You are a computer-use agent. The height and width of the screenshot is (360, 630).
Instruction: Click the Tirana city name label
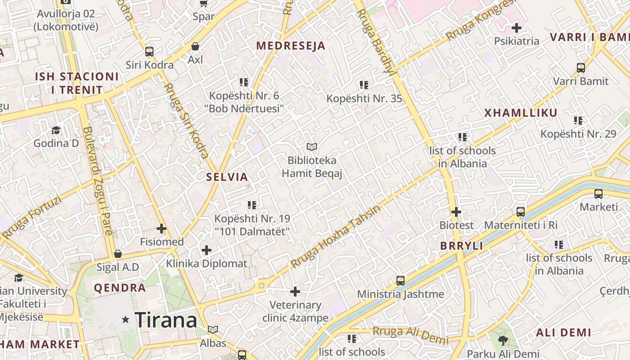point(166,320)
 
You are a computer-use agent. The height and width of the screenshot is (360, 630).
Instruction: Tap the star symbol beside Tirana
point(126,319)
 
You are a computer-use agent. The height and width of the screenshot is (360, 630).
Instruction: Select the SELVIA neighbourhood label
point(227,177)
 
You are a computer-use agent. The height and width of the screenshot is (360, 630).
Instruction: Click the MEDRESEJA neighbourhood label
point(291,45)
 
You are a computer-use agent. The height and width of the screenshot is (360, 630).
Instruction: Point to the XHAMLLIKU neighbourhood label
point(521,113)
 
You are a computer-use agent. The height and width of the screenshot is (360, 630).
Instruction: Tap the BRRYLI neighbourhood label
point(462,246)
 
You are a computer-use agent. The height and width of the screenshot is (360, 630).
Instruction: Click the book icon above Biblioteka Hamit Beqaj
point(312,147)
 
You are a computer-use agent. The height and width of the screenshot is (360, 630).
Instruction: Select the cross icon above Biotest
point(456,211)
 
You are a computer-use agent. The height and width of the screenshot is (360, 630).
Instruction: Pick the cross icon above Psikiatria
point(517,28)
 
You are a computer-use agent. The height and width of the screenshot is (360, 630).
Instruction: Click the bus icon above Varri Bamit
point(581,68)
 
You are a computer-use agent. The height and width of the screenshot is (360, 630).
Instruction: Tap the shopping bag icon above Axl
point(195,46)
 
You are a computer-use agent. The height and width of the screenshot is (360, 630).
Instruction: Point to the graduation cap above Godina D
point(56,130)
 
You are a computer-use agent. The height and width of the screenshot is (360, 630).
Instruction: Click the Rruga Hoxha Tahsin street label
point(336,236)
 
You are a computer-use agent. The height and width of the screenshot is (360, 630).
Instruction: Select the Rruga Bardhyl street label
point(375,41)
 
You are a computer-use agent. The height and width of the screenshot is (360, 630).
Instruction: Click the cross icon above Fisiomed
point(162,229)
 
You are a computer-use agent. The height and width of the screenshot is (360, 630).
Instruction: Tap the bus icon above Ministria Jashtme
point(400,281)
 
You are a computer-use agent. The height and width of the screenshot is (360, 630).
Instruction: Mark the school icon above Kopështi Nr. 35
point(364,85)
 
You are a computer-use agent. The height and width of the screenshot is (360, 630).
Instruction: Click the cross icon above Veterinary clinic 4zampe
point(295,292)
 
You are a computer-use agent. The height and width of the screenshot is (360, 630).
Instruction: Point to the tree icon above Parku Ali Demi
point(503,341)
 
